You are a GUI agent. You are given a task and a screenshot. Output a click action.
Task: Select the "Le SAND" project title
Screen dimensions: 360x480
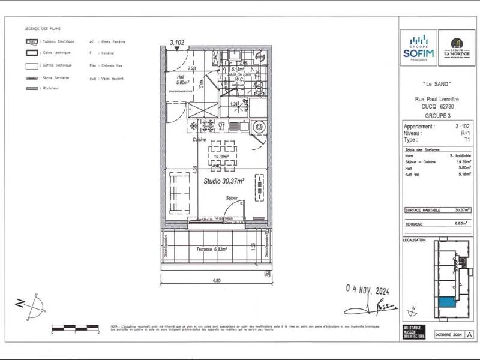[437, 84]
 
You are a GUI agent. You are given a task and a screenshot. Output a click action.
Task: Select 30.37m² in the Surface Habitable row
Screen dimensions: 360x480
[463, 211]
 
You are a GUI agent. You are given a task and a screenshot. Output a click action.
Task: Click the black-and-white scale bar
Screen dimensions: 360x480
[74, 327]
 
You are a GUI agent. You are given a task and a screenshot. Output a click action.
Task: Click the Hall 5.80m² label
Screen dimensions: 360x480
[175, 81]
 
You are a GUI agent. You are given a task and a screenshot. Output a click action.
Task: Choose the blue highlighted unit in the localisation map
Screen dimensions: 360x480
[446, 302]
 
